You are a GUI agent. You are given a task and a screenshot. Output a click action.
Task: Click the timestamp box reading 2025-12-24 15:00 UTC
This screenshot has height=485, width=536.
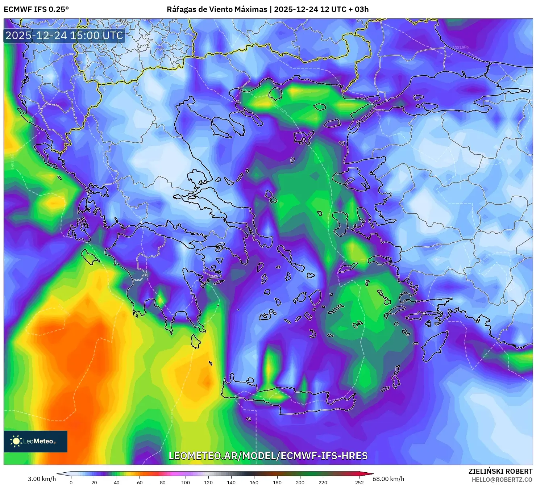[64, 35]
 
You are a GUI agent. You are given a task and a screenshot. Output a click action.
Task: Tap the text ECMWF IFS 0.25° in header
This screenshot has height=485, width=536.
[36, 9]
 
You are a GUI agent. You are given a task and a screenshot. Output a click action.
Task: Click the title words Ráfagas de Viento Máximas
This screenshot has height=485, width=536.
[217, 9]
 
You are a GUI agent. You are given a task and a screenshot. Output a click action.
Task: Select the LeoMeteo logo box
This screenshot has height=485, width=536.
[36, 441]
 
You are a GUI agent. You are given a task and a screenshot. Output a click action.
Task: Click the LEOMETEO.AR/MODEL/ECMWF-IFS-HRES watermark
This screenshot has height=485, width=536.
[268, 456]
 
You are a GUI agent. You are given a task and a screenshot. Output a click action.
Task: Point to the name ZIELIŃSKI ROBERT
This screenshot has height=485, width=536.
[500, 471]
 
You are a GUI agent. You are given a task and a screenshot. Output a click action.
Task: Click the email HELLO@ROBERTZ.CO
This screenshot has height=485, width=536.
[502, 480]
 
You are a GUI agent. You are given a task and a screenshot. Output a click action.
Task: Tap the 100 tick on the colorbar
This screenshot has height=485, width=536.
[185, 482]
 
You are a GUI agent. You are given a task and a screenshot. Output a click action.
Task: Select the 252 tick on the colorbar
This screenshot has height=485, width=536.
[359, 482]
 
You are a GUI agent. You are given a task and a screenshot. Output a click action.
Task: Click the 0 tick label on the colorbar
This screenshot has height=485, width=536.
[71, 482]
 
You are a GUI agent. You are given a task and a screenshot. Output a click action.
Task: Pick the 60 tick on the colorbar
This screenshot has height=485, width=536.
[140, 482]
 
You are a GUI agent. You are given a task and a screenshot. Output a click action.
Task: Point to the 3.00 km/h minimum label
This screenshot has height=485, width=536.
[42, 479]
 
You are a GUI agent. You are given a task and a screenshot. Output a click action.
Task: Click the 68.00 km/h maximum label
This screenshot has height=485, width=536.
[388, 479]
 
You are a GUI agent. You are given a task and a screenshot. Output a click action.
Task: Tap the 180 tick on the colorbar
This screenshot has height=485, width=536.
[277, 482]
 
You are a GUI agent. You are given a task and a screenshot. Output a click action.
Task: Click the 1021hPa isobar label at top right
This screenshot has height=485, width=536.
[460, 47]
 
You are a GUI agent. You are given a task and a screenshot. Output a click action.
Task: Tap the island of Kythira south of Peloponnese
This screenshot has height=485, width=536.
[196, 341]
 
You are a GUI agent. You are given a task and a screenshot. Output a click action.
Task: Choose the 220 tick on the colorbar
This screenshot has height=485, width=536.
[323, 482]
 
